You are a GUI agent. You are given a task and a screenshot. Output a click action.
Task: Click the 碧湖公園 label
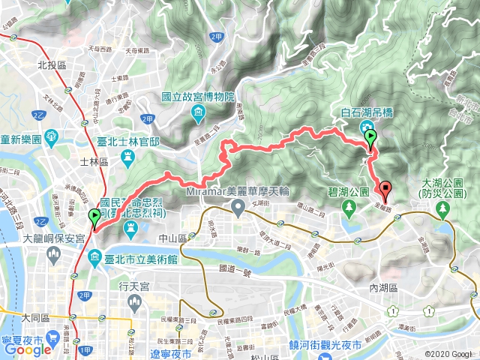click(x=346, y=192)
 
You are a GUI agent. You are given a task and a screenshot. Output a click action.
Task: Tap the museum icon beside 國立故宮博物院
click(x=198, y=113)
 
